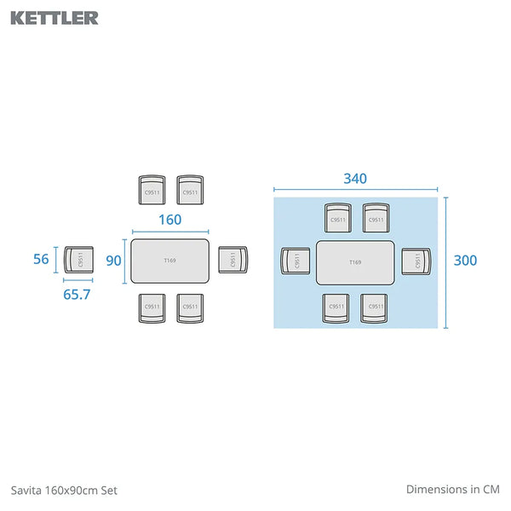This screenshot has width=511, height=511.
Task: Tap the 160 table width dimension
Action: click(169, 220)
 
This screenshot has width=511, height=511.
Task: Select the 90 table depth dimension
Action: click(114, 261)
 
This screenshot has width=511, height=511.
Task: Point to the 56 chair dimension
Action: click(41, 260)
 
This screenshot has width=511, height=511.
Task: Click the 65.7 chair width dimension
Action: click(77, 294)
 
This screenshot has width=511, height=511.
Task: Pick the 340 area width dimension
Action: click(355, 179)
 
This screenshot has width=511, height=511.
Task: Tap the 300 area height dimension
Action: click(466, 261)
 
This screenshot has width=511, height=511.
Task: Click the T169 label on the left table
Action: click(169, 261)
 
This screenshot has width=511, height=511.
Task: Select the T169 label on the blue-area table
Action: click(355, 262)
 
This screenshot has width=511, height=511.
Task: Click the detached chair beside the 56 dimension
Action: click(79, 260)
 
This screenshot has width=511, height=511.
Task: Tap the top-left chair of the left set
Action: click(152, 190)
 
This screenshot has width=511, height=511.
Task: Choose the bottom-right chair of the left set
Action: click(190, 307)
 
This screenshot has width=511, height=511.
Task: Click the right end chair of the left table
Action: click(232, 259)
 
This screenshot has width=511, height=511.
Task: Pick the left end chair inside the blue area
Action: click(296, 261)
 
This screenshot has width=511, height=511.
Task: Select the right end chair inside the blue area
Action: click(413, 261)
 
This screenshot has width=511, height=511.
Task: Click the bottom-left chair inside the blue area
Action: click(337, 307)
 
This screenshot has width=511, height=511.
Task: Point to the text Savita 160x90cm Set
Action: click(64, 490)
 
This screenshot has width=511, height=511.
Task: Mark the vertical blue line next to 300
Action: click(445, 261)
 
